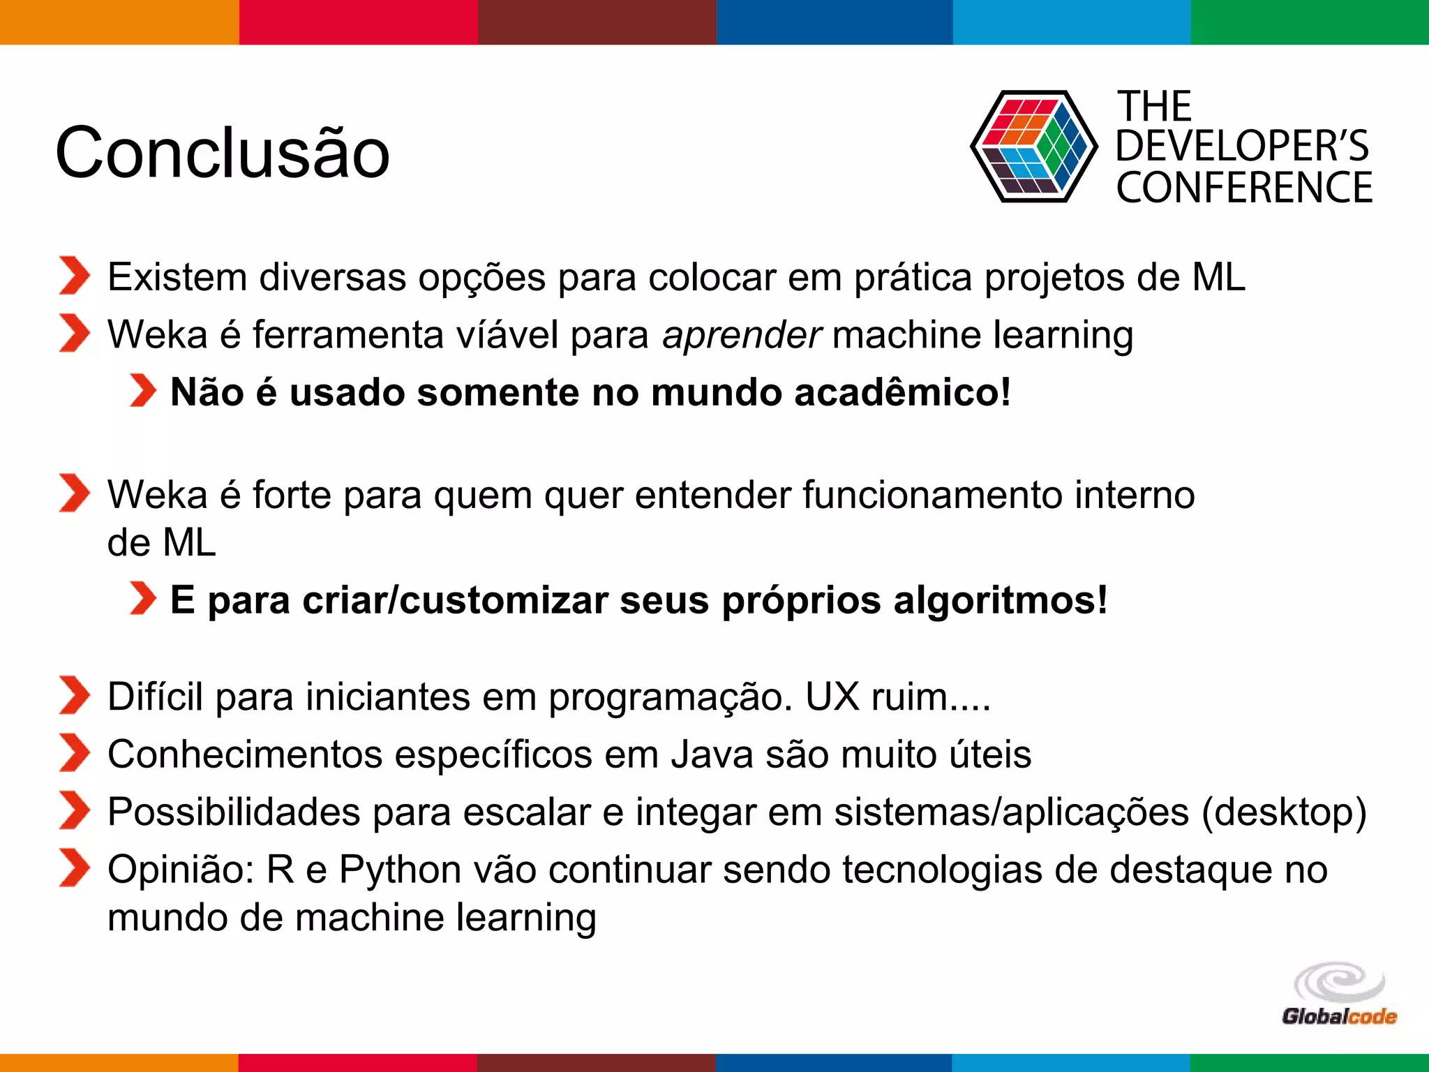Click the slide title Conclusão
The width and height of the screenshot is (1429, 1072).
222,152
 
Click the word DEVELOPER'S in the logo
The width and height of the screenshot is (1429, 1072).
1242,147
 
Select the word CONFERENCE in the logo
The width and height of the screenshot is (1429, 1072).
1244,188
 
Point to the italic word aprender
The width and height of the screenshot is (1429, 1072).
742,334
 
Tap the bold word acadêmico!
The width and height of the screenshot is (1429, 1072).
902,392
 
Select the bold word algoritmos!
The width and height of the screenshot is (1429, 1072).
1000,600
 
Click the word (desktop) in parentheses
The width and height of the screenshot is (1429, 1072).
1284,812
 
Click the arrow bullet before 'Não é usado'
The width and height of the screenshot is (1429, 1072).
143,390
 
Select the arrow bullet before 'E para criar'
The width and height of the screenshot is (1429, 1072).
143,599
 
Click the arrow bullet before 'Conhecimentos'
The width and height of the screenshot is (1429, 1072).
74,753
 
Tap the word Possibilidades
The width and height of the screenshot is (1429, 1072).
234,812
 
